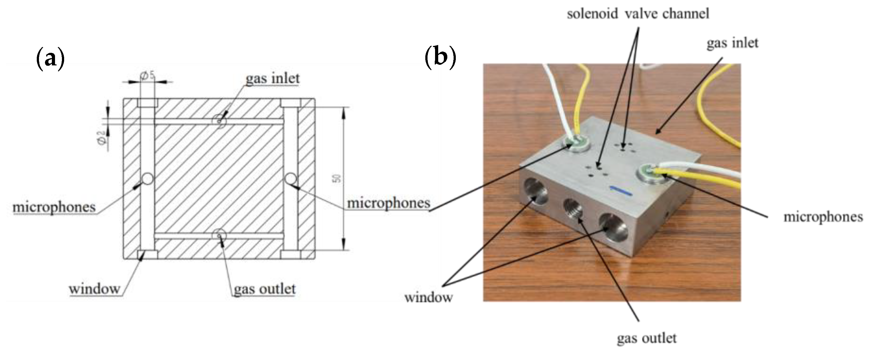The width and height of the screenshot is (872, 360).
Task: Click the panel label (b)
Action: coord(440,58)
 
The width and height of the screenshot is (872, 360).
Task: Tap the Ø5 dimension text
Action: coord(148,76)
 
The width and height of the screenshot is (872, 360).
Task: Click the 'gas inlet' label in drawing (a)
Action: coord(273,79)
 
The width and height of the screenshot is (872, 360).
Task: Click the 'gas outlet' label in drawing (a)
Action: coord(264,289)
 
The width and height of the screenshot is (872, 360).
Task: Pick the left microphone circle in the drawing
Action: coord(148,179)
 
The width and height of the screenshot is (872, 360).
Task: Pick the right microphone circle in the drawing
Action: coord(290,179)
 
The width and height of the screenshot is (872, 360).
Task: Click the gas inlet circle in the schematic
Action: coord(219,120)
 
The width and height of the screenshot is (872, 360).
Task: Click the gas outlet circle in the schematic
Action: coord(219,234)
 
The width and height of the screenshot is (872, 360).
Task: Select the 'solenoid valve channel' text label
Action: coord(638,14)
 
